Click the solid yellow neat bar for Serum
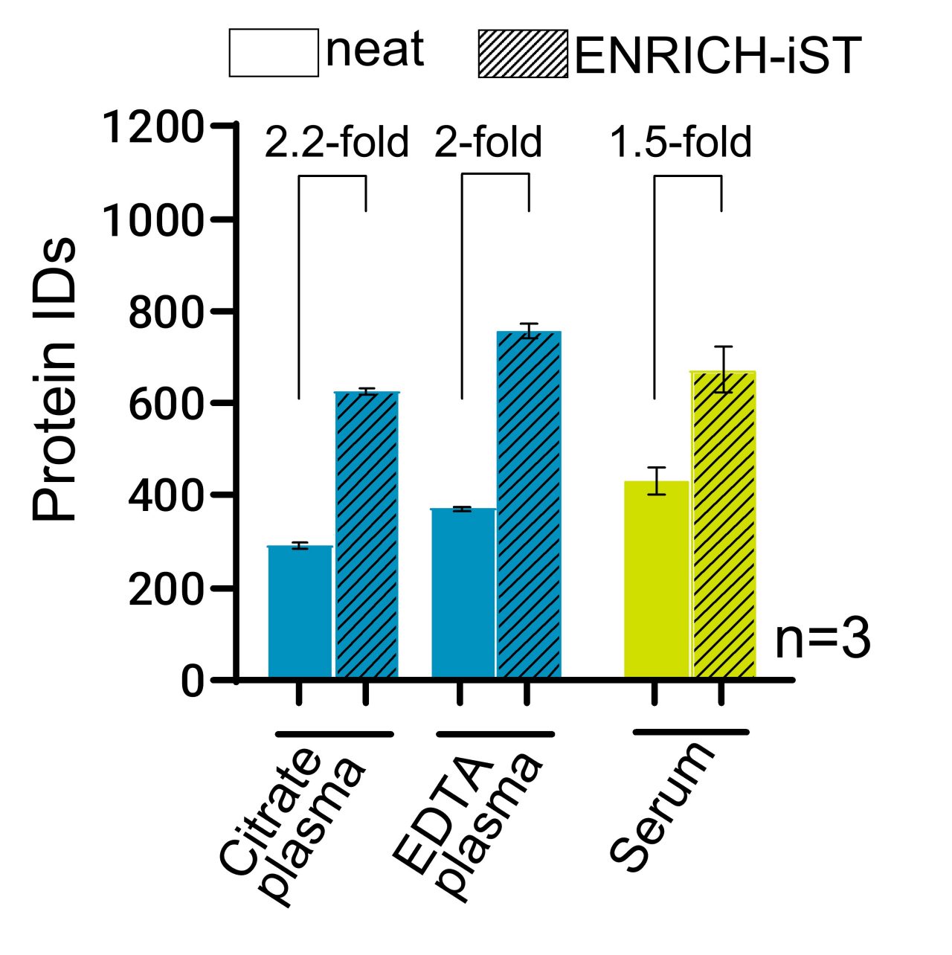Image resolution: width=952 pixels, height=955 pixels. click(656, 579)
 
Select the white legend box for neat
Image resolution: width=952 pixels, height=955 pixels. click(274, 53)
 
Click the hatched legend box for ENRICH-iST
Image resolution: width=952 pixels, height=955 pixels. click(523, 54)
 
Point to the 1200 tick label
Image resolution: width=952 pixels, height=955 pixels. click(152, 127)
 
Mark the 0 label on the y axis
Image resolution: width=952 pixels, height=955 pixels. click(192, 681)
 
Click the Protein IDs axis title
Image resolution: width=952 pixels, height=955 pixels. click(56, 379)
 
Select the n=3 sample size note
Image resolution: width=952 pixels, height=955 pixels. click(822, 640)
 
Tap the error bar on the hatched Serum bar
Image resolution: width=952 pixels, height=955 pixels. click(723, 369)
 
